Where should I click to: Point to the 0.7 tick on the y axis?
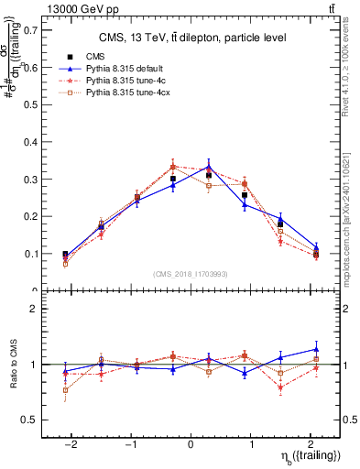(27, 30)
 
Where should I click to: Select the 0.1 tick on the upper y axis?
(27, 254)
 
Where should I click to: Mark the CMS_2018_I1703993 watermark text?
(191, 274)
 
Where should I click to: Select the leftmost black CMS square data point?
(65, 255)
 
